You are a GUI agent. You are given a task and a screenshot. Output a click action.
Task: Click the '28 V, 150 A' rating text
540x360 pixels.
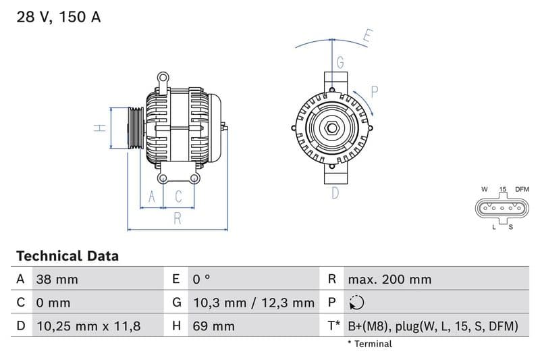[x=58, y=18]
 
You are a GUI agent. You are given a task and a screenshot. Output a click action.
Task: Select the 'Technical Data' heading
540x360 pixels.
[x=67, y=256]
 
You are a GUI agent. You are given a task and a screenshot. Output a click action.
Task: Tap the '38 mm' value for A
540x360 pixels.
[x=57, y=279]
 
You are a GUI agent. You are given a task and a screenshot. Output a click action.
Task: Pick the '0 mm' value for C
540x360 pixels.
[x=53, y=303]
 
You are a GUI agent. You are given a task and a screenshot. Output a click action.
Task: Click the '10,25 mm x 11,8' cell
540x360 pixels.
[x=88, y=326]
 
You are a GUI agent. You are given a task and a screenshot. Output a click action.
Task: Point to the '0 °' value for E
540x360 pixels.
[x=201, y=279]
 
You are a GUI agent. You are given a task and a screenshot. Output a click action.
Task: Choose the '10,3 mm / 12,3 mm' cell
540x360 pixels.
[x=252, y=303]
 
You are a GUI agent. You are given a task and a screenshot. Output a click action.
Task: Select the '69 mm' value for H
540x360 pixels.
[x=213, y=326]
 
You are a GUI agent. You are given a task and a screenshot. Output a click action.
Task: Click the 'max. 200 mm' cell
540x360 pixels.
[x=389, y=279]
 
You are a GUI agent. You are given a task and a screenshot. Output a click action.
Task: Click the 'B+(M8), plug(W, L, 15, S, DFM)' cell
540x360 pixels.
[x=433, y=326]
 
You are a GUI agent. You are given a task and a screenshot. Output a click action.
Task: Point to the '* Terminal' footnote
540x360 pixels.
[x=369, y=344]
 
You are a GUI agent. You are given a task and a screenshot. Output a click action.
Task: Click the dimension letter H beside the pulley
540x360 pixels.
[x=99, y=128]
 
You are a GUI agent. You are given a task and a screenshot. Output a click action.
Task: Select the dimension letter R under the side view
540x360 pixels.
[x=178, y=217]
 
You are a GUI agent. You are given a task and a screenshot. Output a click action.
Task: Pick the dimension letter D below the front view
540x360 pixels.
[x=335, y=193]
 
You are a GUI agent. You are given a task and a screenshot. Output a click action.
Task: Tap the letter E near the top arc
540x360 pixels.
[x=367, y=36]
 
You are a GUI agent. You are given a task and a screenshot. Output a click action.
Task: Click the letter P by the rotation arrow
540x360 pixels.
[x=375, y=91]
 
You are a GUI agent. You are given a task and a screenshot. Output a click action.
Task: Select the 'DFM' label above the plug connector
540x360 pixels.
[x=522, y=190]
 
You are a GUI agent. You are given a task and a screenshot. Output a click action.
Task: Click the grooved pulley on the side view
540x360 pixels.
[x=134, y=128]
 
